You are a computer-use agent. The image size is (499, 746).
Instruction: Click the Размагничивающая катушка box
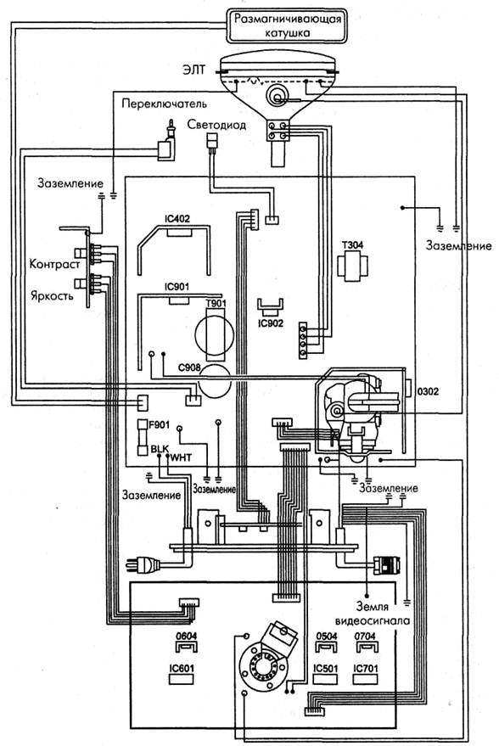pos(285,25)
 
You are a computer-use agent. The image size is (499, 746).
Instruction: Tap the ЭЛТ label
pos(193,70)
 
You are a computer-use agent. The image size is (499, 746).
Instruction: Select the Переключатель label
pos(164,104)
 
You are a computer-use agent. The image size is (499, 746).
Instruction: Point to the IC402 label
pos(177,219)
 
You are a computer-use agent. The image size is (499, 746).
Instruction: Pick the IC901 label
pos(177,287)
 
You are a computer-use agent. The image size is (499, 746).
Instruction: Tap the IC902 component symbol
pos(270,307)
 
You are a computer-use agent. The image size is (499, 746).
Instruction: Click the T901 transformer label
pos(216,304)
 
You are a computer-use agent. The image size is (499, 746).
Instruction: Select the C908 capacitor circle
pos(215,380)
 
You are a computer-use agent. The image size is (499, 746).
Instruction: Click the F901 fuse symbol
pos(143,437)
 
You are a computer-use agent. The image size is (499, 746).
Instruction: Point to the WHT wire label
pos(182,457)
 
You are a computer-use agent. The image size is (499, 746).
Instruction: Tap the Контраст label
pos(54,264)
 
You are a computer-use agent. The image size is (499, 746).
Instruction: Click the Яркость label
pos(52,295)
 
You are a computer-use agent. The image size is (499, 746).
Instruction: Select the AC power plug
pos(143,564)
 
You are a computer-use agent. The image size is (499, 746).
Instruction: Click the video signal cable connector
pos(387,564)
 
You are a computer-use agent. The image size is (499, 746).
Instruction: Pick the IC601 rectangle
pos(182,679)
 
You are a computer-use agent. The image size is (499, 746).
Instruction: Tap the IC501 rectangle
pos(325,679)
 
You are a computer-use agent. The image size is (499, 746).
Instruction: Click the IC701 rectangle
pos(365,679)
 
